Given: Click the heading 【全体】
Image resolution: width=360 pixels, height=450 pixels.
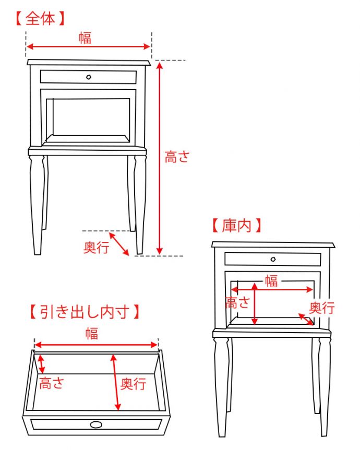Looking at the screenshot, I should click(40, 19).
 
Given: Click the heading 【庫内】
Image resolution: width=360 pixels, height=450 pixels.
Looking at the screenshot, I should click(236, 226).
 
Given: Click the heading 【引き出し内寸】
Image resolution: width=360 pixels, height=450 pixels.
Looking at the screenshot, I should click(83, 312).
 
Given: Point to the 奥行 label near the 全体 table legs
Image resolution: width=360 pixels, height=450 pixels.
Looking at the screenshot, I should click(97, 248).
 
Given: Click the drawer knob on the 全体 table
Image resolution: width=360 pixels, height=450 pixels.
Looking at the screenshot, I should click(89, 77).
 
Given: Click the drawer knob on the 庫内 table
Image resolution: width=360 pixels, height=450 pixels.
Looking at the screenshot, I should click(273, 259).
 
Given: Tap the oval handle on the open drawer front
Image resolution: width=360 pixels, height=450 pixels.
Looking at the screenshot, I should click(95, 424).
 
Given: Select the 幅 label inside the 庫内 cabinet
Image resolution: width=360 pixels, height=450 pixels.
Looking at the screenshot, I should click(271, 282).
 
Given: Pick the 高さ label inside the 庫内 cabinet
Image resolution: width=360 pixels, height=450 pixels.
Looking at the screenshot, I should click(237, 302).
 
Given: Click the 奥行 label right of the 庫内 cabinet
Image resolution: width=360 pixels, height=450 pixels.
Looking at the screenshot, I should click(322, 308).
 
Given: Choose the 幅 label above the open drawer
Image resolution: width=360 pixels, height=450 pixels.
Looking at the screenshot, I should click(92, 334).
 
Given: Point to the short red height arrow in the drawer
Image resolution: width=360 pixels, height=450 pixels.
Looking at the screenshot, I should click(41, 364).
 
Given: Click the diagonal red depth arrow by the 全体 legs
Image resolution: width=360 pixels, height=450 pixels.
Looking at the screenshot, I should click(119, 244).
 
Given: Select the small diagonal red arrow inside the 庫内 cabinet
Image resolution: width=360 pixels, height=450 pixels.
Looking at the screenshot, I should click(306, 319).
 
